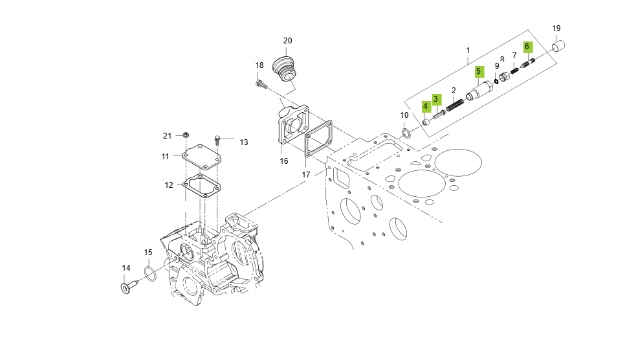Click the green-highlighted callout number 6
point(527,46)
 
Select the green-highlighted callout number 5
point(479,71)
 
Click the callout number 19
point(556,28)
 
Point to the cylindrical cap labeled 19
point(559,47)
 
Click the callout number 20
point(288,41)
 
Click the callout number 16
point(283,161)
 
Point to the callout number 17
point(306,175)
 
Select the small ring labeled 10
point(406,134)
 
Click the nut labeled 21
point(185,135)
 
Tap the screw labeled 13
point(217,139)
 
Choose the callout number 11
point(166,156)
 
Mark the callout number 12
point(168,185)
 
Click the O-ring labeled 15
point(149,274)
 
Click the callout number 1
point(468,50)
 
